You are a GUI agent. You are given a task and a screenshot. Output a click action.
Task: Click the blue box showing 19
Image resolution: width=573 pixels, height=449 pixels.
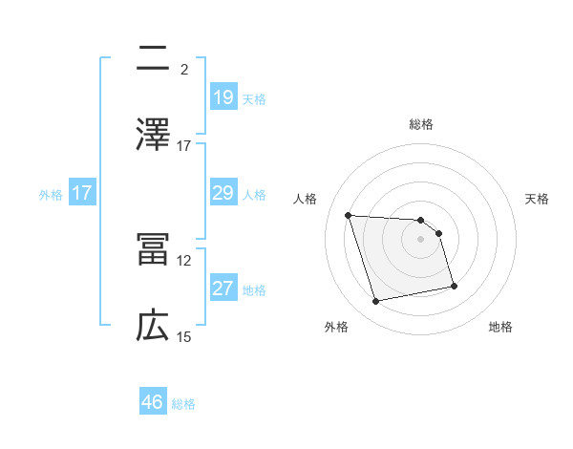pos(223,96)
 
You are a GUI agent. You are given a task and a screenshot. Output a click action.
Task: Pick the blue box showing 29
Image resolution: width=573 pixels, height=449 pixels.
pos(223,193)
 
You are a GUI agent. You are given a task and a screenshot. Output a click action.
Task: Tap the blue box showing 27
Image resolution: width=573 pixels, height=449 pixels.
pos(223,289)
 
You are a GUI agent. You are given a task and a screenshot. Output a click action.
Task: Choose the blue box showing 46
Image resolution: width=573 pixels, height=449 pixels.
pos(153,402)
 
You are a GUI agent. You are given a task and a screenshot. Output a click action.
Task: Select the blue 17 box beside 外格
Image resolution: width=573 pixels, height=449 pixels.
pos(81,193)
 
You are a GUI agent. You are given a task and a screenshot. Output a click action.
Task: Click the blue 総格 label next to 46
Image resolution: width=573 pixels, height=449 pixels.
pos(184,404)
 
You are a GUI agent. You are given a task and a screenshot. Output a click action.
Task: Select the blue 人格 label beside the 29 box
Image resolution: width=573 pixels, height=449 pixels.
pos(254,194)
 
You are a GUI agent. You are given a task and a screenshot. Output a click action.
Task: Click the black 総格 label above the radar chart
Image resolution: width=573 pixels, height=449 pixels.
pos(421,124)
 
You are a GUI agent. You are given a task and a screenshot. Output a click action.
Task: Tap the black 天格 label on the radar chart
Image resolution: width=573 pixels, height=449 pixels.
pos(537,199)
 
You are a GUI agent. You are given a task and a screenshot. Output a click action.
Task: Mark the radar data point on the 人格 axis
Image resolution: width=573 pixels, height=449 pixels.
pos(348,215)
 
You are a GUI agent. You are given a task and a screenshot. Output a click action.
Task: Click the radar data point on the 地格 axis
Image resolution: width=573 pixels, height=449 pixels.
pos(454,286)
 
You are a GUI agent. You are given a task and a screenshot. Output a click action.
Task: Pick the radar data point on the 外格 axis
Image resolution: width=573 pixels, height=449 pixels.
pos(376,302)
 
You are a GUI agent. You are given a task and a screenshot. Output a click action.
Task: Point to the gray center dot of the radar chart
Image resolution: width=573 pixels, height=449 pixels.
pos(421,239)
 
